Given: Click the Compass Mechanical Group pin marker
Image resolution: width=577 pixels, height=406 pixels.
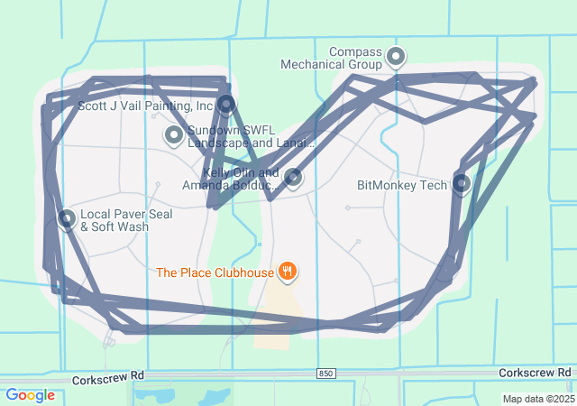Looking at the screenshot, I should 396,58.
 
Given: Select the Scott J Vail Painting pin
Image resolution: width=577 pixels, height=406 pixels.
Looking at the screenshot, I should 225,105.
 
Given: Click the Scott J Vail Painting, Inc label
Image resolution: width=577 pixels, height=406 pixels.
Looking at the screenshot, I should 145,106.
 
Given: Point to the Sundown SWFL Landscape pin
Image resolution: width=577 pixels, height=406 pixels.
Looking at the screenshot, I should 173,135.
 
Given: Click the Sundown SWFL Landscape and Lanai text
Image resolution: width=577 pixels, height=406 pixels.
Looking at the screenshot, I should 252,136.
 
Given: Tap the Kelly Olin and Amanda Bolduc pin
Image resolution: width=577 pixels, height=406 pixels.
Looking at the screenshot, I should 293,177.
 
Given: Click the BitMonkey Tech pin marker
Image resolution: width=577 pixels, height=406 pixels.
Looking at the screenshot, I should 462,184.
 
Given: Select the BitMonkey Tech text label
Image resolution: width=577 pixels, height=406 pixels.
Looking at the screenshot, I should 402,185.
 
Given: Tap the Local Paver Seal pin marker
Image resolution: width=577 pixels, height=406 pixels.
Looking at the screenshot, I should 67,218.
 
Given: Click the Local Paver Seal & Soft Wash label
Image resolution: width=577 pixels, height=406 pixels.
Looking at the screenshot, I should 114,220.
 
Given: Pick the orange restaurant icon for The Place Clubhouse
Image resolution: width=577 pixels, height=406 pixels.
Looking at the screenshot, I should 288,271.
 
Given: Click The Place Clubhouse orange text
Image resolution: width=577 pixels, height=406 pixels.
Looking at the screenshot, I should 215,272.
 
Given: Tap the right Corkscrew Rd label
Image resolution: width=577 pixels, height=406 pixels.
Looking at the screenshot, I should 536,372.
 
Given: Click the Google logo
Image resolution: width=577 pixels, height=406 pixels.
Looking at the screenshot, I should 30,395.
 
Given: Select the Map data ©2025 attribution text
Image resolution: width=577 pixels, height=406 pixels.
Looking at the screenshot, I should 538,399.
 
